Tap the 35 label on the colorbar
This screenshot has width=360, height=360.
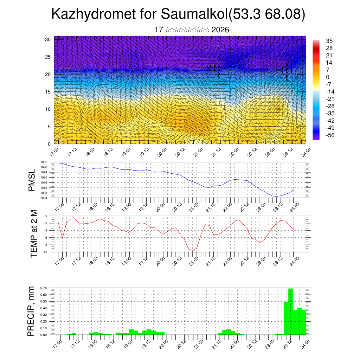click(329, 41)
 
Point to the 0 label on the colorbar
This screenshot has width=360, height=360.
click(328, 77)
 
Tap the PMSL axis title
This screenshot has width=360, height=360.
click(32, 180)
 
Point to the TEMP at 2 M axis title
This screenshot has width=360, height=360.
click(34, 234)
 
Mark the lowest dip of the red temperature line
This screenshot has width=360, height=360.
click(193, 250)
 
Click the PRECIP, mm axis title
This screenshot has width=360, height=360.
click(31, 311)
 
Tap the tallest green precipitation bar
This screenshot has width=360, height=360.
click(290, 311)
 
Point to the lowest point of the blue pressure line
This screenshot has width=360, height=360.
click(276, 197)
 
